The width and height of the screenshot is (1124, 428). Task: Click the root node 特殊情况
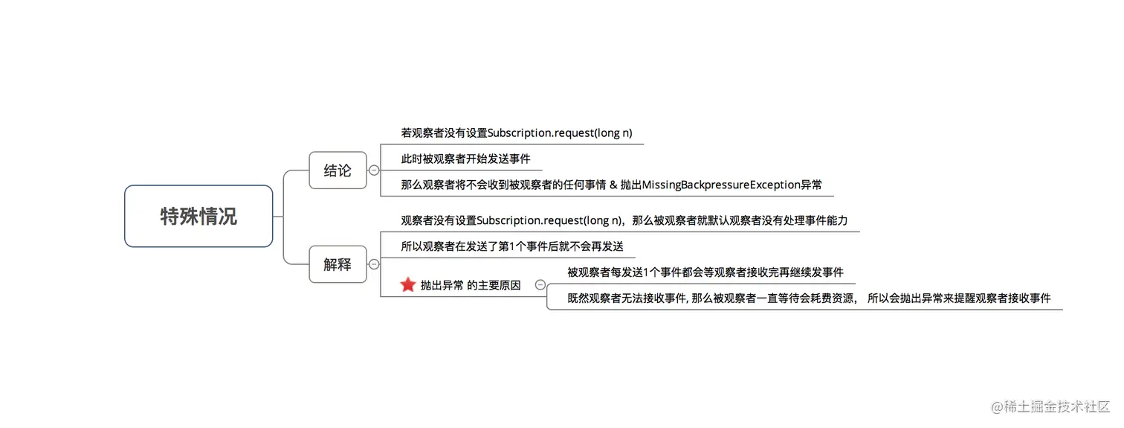pyautogui.click(x=198, y=217)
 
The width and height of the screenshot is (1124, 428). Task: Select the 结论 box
pyautogui.click(x=337, y=170)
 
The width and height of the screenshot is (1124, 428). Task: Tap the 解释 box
pyautogui.click(x=337, y=264)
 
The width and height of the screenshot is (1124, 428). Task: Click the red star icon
pyautogui.click(x=407, y=285)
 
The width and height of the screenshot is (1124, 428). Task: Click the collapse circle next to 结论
pyautogui.click(x=374, y=170)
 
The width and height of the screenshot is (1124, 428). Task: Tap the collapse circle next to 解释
pyautogui.click(x=374, y=264)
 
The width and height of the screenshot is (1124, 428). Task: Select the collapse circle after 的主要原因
pyautogui.click(x=540, y=285)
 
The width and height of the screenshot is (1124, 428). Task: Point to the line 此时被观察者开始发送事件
pyautogui.click(x=465, y=159)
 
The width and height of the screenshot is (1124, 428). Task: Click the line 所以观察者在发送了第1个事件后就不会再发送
pyautogui.click(x=512, y=246)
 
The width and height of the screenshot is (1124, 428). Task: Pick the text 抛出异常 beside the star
pyautogui.click(x=442, y=285)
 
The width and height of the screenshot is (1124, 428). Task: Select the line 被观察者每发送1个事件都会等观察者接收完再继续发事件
pyautogui.click(x=705, y=272)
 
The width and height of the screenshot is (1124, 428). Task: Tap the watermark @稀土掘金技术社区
pyautogui.click(x=1049, y=407)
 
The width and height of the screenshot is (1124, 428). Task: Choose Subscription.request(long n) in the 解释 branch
pyautogui.click(x=549, y=220)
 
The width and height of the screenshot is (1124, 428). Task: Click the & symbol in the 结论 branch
pyautogui.click(x=613, y=185)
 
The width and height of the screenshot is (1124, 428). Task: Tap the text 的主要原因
pyautogui.click(x=494, y=285)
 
